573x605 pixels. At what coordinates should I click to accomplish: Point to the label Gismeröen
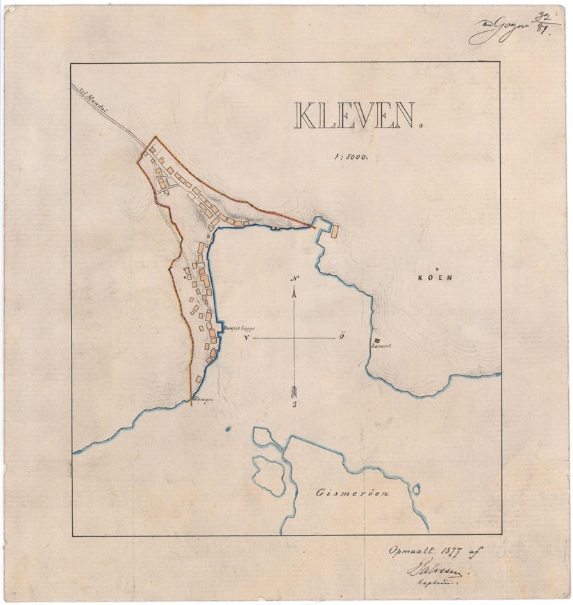(x=352, y=494)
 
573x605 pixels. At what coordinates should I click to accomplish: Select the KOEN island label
(x=435, y=278)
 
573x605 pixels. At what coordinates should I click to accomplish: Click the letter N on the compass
(x=295, y=280)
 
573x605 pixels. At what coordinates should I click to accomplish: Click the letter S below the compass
(x=294, y=404)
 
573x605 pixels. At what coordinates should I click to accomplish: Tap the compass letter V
(x=247, y=338)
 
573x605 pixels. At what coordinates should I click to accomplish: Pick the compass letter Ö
(x=342, y=337)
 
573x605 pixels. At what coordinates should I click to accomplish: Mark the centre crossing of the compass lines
(x=295, y=338)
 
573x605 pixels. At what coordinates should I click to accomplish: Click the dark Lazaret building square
(x=376, y=339)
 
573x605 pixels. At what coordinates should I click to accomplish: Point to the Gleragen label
(x=201, y=399)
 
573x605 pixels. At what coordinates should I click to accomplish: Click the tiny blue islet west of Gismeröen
(x=227, y=429)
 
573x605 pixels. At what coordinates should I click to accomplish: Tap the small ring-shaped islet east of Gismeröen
(x=416, y=489)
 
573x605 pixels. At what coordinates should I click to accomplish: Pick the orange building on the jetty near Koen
(x=333, y=231)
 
